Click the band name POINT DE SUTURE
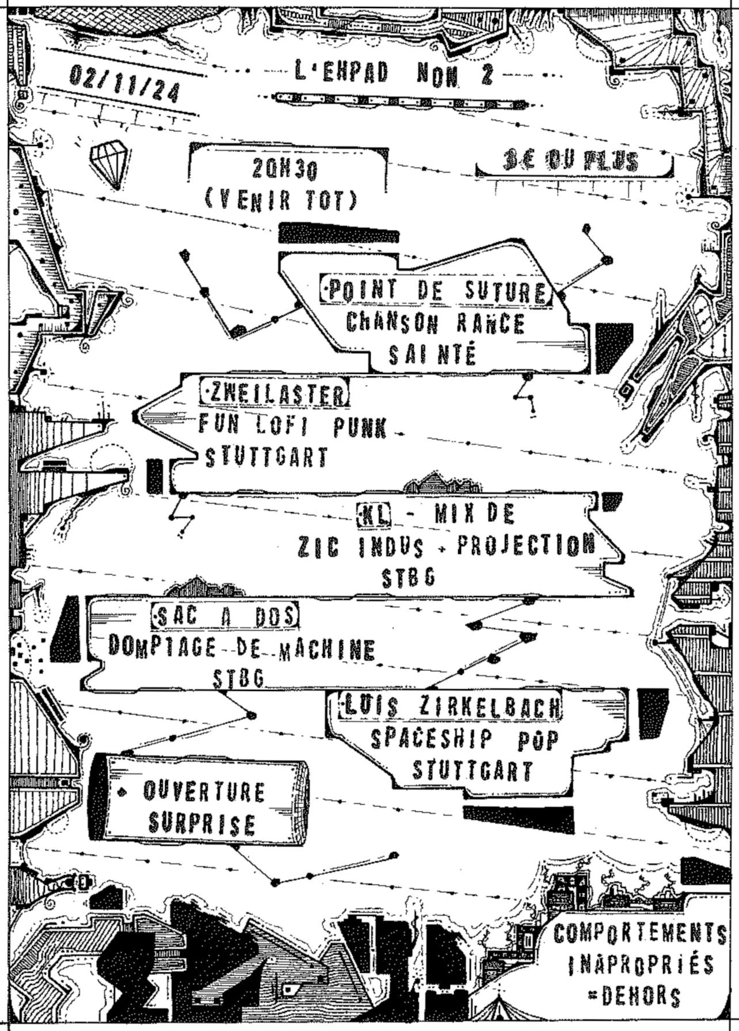[x=437, y=291]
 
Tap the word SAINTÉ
[x=432, y=354]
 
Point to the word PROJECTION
[x=526, y=545]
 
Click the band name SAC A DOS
[x=225, y=616]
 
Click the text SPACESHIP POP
[x=464, y=740]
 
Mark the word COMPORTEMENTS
[x=639, y=933]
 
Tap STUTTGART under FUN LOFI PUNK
[x=267, y=457]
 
